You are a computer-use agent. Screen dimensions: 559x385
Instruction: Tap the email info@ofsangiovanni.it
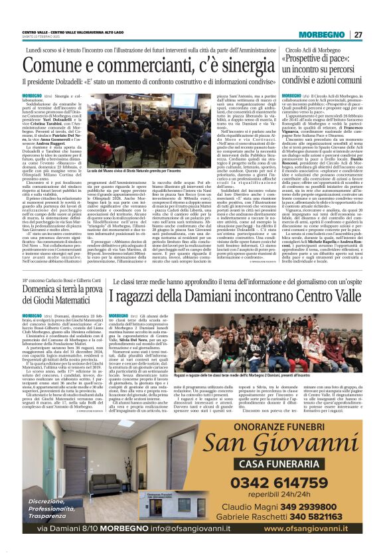pyautogui.click(x=172, y=528)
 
